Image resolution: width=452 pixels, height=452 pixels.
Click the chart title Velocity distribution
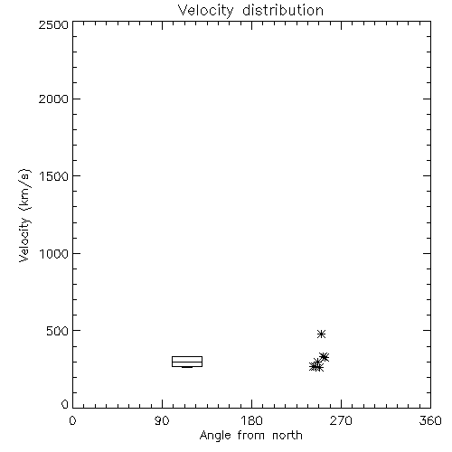250,11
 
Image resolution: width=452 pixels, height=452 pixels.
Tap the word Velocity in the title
206,11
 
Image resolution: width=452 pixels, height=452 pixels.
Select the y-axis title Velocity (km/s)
24,215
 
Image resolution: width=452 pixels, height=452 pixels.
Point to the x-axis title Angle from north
250,436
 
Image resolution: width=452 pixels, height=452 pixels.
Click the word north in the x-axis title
287,436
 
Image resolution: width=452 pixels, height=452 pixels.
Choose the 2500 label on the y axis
53,24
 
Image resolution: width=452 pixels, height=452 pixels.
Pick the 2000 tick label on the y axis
53,99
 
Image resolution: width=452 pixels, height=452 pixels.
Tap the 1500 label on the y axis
54,176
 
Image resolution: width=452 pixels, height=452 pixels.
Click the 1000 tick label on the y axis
54,253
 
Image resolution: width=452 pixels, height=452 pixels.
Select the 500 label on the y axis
58,331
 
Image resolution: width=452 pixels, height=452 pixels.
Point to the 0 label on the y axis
65,404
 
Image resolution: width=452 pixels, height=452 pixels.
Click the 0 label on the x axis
72,420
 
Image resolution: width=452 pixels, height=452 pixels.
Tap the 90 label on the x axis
162,420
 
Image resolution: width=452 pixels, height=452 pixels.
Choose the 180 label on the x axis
251,420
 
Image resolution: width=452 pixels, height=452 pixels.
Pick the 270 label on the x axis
341,420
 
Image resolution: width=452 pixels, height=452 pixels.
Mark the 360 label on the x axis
430,420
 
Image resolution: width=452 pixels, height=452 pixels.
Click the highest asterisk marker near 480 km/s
321,334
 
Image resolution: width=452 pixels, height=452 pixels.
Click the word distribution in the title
283,11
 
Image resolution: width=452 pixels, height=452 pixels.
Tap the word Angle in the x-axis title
215,436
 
